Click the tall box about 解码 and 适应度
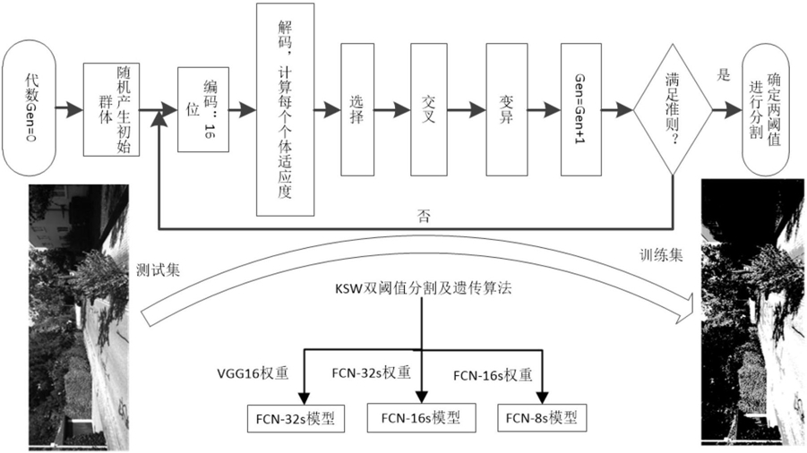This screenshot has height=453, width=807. coord(287,109)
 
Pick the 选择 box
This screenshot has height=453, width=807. coord(356,110)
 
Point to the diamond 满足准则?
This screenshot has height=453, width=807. coord(672,110)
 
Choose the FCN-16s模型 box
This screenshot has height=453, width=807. coord(421,416)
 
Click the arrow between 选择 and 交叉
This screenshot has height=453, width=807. coord(391,110)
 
